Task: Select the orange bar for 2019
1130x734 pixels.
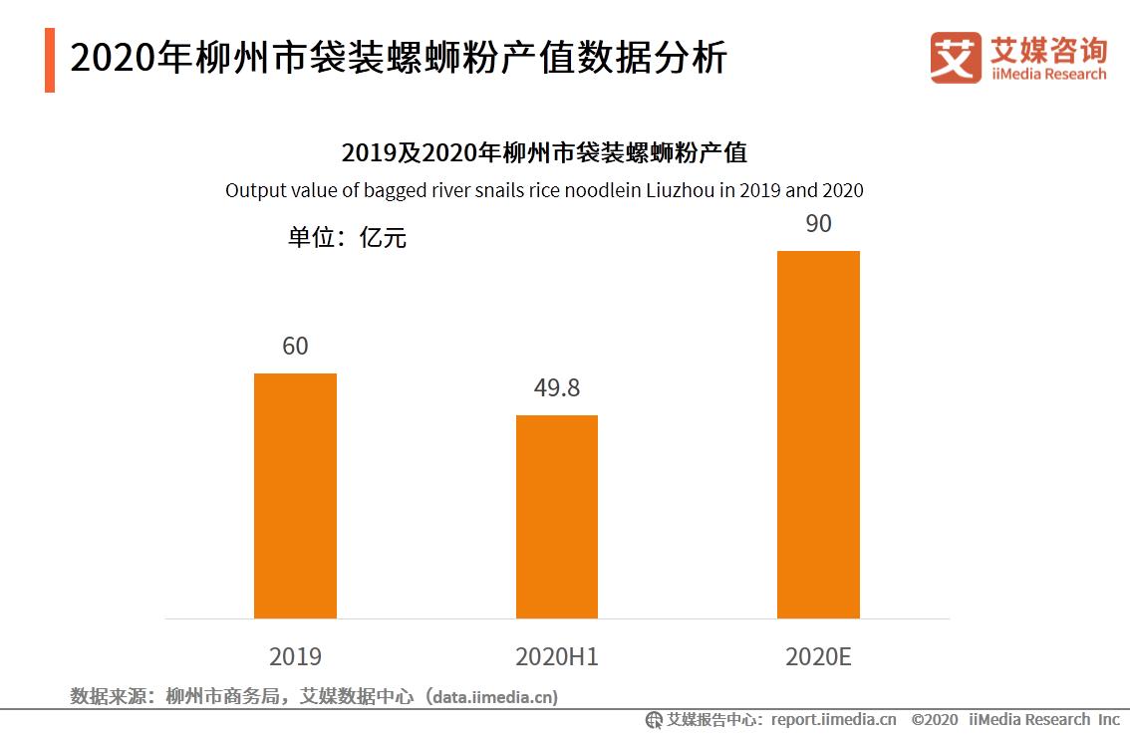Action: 295,495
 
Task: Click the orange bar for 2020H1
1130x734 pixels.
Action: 556,516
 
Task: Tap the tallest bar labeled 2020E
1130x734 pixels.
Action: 818,434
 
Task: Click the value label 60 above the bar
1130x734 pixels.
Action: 295,347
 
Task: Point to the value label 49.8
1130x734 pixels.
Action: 556,388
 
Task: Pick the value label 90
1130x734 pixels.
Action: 818,224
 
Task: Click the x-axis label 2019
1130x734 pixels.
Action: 295,657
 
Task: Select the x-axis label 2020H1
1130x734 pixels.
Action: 556,657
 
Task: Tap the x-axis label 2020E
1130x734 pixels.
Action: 818,657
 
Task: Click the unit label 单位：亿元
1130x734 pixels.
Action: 347,238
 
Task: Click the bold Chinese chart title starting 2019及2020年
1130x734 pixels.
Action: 544,153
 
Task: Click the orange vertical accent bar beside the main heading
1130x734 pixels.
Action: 50,60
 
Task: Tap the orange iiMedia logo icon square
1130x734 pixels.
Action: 955,58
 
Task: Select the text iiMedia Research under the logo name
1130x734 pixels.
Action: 1048,75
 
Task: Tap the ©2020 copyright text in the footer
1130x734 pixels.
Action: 934,719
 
